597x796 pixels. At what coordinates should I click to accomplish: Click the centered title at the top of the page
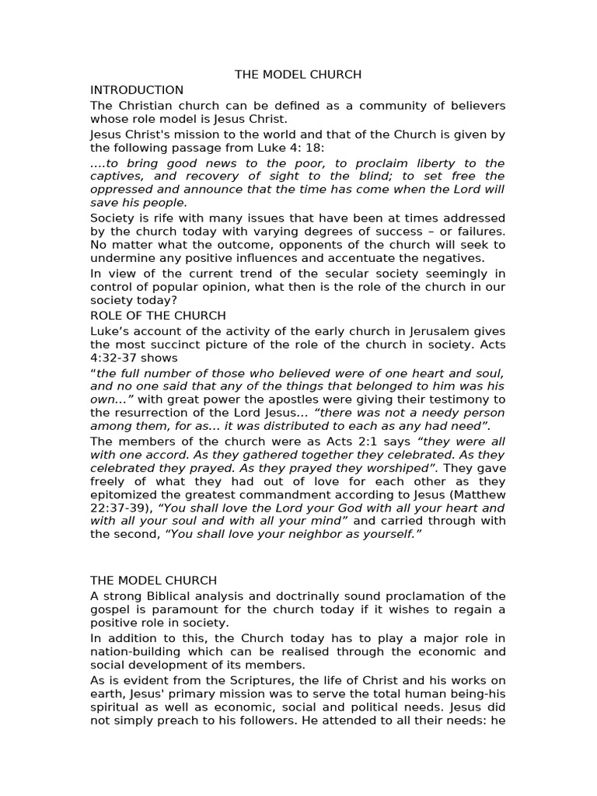point(298,75)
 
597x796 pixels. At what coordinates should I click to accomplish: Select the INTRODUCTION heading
point(137,90)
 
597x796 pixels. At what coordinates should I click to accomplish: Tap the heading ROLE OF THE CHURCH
point(158,316)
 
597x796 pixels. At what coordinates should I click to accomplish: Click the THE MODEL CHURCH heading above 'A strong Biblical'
point(153,581)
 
